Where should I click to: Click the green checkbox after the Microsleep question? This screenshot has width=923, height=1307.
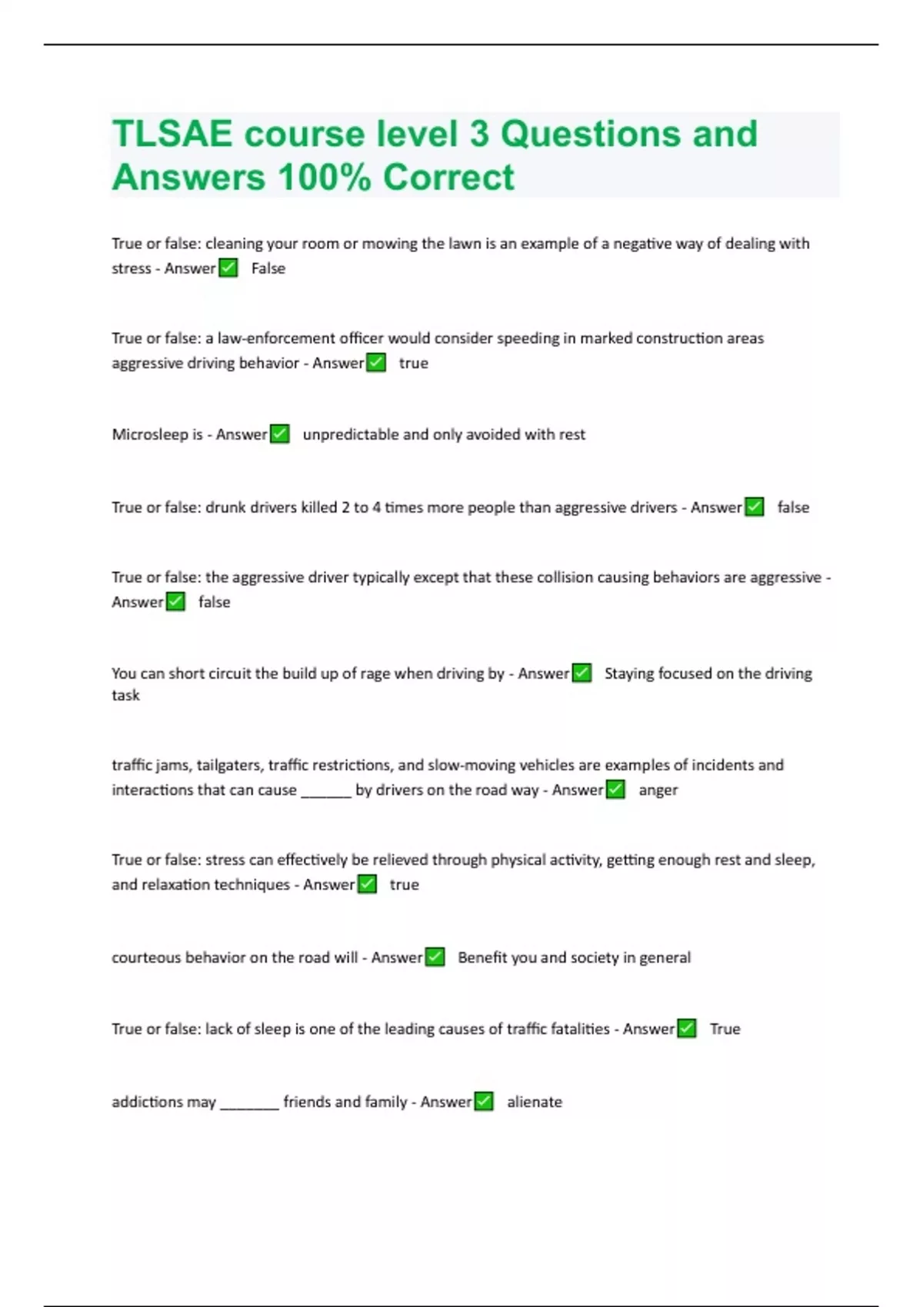point(280,434)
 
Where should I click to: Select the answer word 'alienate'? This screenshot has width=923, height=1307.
point(535,1102)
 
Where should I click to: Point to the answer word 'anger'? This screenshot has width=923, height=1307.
point(658,790)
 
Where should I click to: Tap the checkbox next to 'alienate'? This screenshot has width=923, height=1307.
point(484,1102)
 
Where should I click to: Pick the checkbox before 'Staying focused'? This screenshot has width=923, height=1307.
point(582,673)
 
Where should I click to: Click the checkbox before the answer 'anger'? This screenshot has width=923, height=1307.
point(615,790)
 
